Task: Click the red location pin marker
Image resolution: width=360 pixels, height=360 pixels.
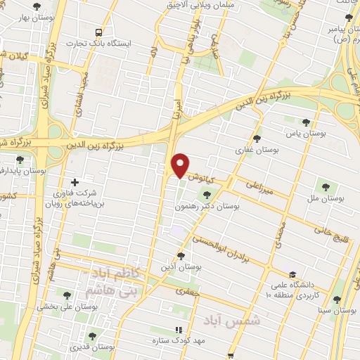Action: [181, 165]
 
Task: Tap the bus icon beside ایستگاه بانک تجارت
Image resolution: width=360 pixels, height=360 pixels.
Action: [99, 32]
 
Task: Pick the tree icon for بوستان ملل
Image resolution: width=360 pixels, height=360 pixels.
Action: [325, 187]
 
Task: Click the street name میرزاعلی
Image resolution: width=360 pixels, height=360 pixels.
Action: [262, 186]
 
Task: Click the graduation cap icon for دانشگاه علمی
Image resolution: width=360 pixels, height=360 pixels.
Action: [292, 274]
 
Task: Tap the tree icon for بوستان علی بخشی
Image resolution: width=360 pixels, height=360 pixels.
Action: [67, 295]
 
